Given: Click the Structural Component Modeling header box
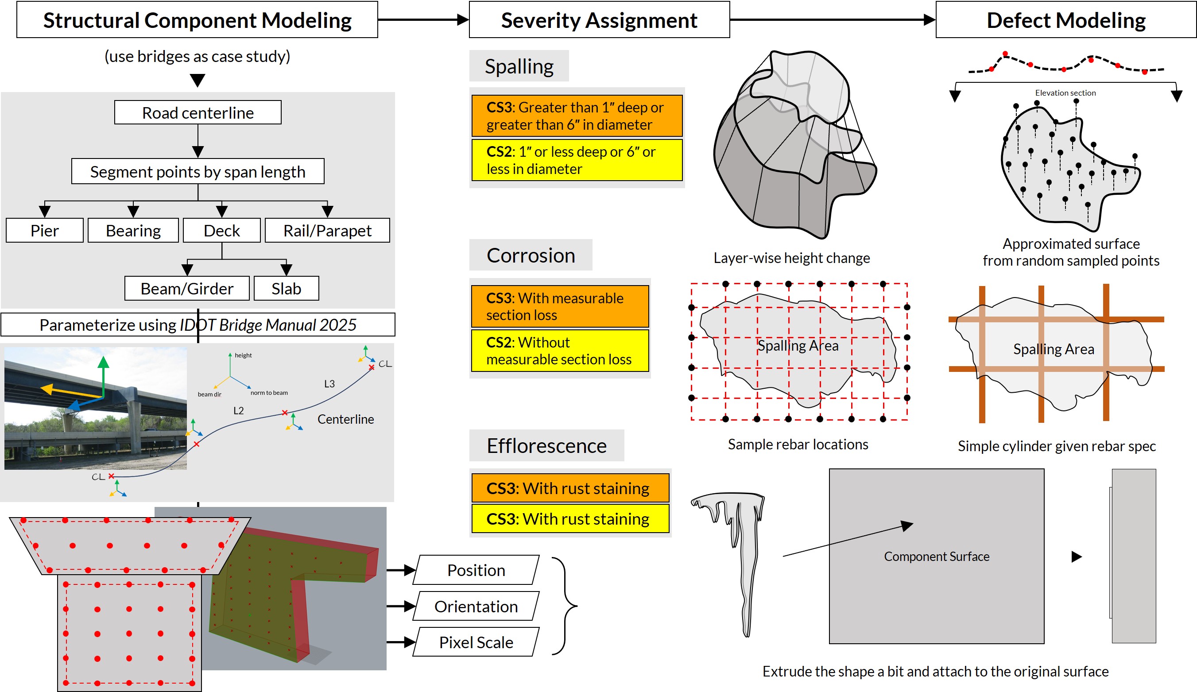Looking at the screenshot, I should (197, 20).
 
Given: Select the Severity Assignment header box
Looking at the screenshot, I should (599, 20).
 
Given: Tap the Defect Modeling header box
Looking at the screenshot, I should (1065, 20).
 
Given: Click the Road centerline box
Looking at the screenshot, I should (198, 112).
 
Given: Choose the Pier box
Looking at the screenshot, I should (45, 230).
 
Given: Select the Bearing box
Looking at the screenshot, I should (133, 230).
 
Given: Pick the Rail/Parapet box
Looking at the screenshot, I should (327, 230).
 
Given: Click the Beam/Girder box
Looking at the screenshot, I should (187, 288).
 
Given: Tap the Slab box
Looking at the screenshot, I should (286, 288).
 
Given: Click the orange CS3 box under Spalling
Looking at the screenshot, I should (577, 116).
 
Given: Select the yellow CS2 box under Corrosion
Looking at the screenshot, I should (560, 351).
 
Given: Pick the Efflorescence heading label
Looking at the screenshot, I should (546, 445).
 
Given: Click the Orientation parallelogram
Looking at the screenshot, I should (476, 606).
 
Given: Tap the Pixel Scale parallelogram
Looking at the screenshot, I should (476, 642).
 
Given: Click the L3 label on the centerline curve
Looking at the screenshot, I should (329, 384).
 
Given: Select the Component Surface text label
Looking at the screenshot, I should (936, 556).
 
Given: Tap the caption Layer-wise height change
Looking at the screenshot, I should (791, 258).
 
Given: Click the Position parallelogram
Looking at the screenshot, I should (476, 570).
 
